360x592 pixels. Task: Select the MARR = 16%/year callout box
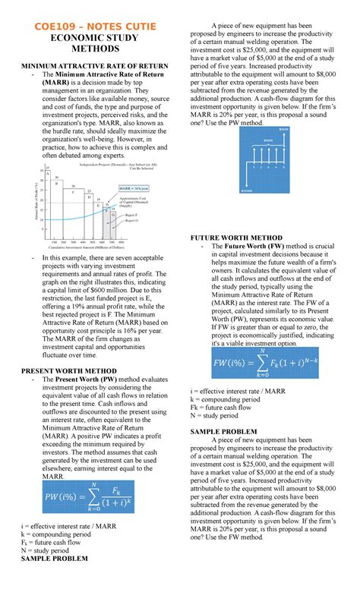pyautogui.click(x=133, y=187)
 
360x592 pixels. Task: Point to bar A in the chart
pyautogui.click(x=48, y=174)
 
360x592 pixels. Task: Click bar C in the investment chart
pyautogui.click(x=73, y=192)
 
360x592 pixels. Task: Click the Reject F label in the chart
pyautogui.click(x=131, y=216)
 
